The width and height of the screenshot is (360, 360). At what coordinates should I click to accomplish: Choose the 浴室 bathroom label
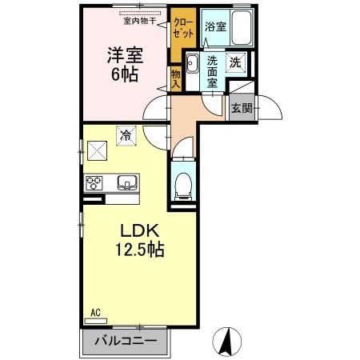[215, 26]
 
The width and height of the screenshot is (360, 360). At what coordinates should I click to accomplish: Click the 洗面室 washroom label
[213, 70]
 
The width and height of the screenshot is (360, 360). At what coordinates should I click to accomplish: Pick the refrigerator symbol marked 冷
[126, 135]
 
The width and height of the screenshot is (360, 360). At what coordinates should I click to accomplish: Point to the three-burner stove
[96, 182]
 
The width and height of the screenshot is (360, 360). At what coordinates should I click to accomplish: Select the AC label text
[95, 313]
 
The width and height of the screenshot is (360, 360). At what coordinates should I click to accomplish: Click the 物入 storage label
[175, 79]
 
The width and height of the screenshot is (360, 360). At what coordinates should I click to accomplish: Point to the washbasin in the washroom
[192, 65]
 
